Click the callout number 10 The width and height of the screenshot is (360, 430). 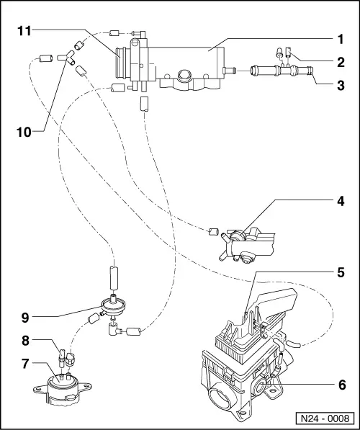24,133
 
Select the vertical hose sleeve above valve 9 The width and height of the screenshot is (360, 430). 112,277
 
